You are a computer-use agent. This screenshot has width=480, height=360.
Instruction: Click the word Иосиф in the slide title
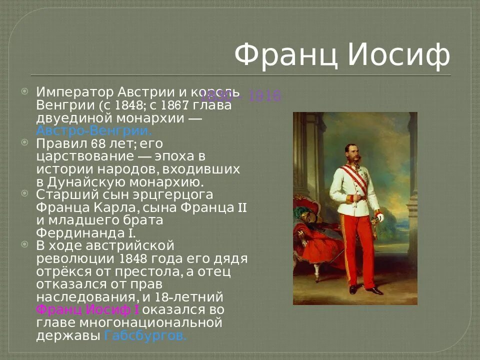click(398, 54)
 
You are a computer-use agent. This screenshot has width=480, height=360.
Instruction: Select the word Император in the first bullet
click(75, 92)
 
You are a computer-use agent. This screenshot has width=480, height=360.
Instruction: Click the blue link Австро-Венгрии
click(93, 131)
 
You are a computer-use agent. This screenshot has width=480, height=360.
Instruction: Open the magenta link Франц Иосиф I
click(87, 309)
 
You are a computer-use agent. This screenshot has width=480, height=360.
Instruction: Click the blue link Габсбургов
click(145, 335)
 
